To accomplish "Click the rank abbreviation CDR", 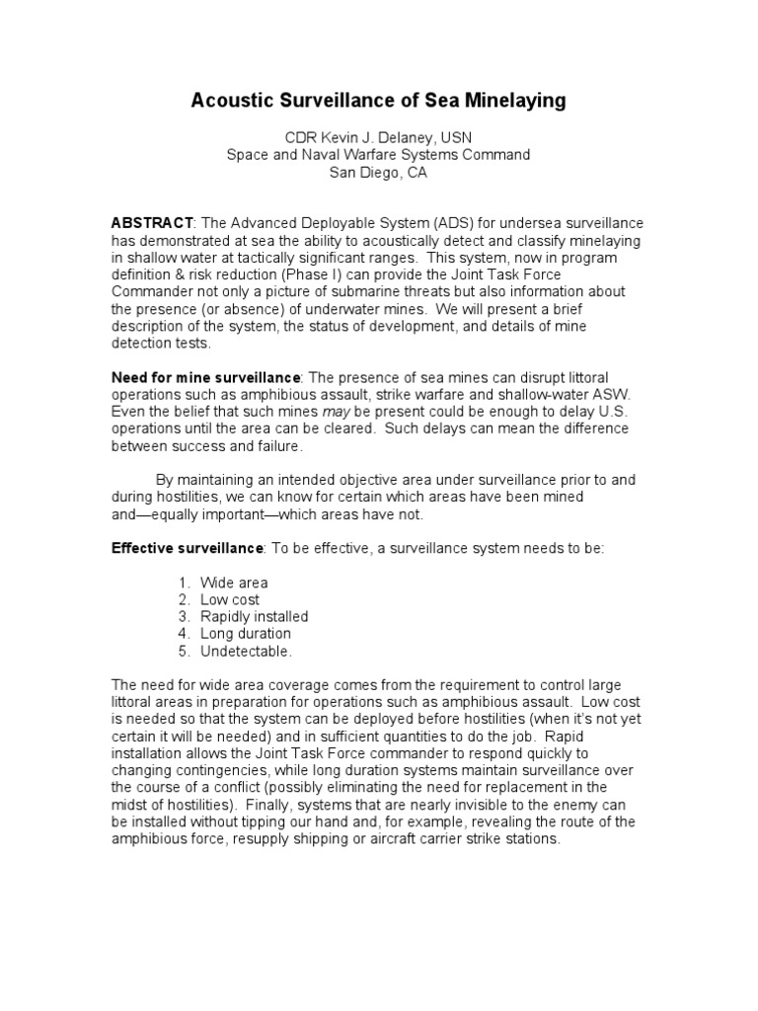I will (x=299, y=137).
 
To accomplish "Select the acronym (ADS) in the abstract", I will (x=423, y=224).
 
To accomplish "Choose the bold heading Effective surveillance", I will (x=187, y=548).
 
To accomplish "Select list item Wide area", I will (x=234, y=583).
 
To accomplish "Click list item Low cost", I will (x=230, y=600).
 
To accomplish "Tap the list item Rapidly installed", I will (x=255, y=617).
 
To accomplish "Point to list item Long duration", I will (x=246, y=634).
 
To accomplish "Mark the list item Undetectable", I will (x=247, y=652).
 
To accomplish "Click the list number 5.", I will (x=184, y=652).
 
